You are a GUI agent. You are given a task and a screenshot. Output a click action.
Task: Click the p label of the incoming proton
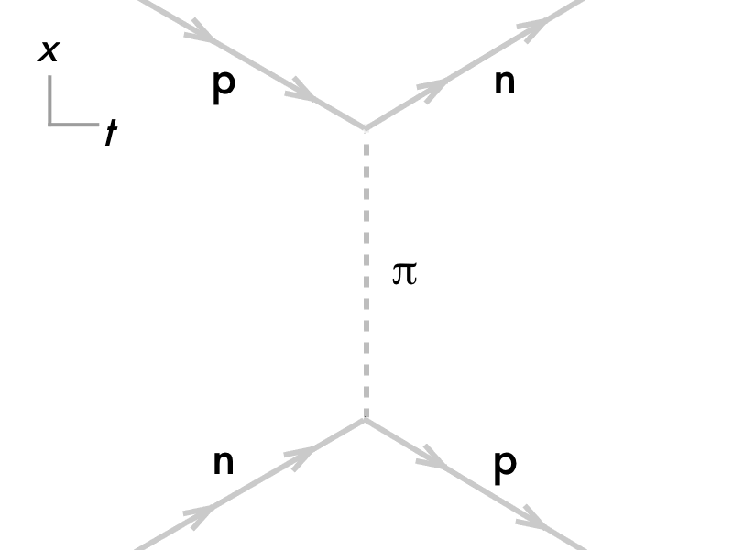coord(224,85)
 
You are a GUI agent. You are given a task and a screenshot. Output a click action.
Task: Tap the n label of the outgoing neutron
coord(504,82)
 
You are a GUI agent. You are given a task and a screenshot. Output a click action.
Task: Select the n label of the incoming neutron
coord(224,463)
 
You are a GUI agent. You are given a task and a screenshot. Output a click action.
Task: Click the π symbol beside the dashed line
coord(404,273)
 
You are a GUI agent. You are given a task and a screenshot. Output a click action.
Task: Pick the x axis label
coord(48,52)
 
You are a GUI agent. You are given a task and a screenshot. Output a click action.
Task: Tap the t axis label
coord(110,135)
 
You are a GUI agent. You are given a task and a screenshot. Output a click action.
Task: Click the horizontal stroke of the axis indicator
coord(73,123)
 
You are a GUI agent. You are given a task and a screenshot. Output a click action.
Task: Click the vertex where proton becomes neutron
coord(366,129)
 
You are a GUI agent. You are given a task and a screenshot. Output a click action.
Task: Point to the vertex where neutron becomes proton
coord(366,419)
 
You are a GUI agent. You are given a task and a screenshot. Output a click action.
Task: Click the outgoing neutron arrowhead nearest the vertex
coord(432,89)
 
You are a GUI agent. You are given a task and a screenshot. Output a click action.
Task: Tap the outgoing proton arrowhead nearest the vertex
coord(432,459)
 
